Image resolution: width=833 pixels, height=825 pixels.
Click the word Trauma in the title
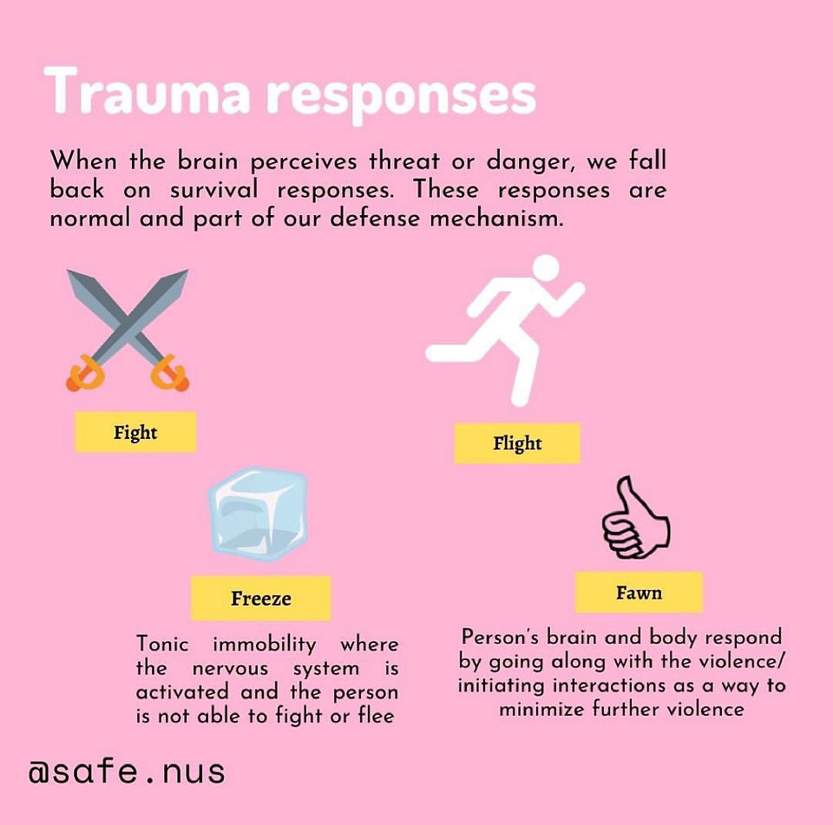pos(148,90)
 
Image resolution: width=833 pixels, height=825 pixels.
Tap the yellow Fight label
pos(135,432)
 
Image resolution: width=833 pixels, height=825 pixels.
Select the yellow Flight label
pos(517,443)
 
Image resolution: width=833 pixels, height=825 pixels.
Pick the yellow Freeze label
pos(261,599)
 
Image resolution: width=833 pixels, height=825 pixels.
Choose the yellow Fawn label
pos(639,593)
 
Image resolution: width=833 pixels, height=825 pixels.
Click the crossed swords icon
pos(128,331)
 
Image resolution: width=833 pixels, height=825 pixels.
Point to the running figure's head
pos(546,267)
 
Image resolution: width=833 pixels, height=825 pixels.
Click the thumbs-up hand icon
pos(635,518)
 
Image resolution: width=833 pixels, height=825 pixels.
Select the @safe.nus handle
pos(127,771)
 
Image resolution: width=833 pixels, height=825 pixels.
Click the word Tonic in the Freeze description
pos(162,644)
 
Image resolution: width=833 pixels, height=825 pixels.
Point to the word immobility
pos(265,645)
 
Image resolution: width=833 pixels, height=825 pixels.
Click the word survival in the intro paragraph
pos(214,190)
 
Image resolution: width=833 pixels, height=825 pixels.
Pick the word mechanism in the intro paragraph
pos(496,218)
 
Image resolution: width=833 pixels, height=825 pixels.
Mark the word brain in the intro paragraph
pos(207,160)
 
